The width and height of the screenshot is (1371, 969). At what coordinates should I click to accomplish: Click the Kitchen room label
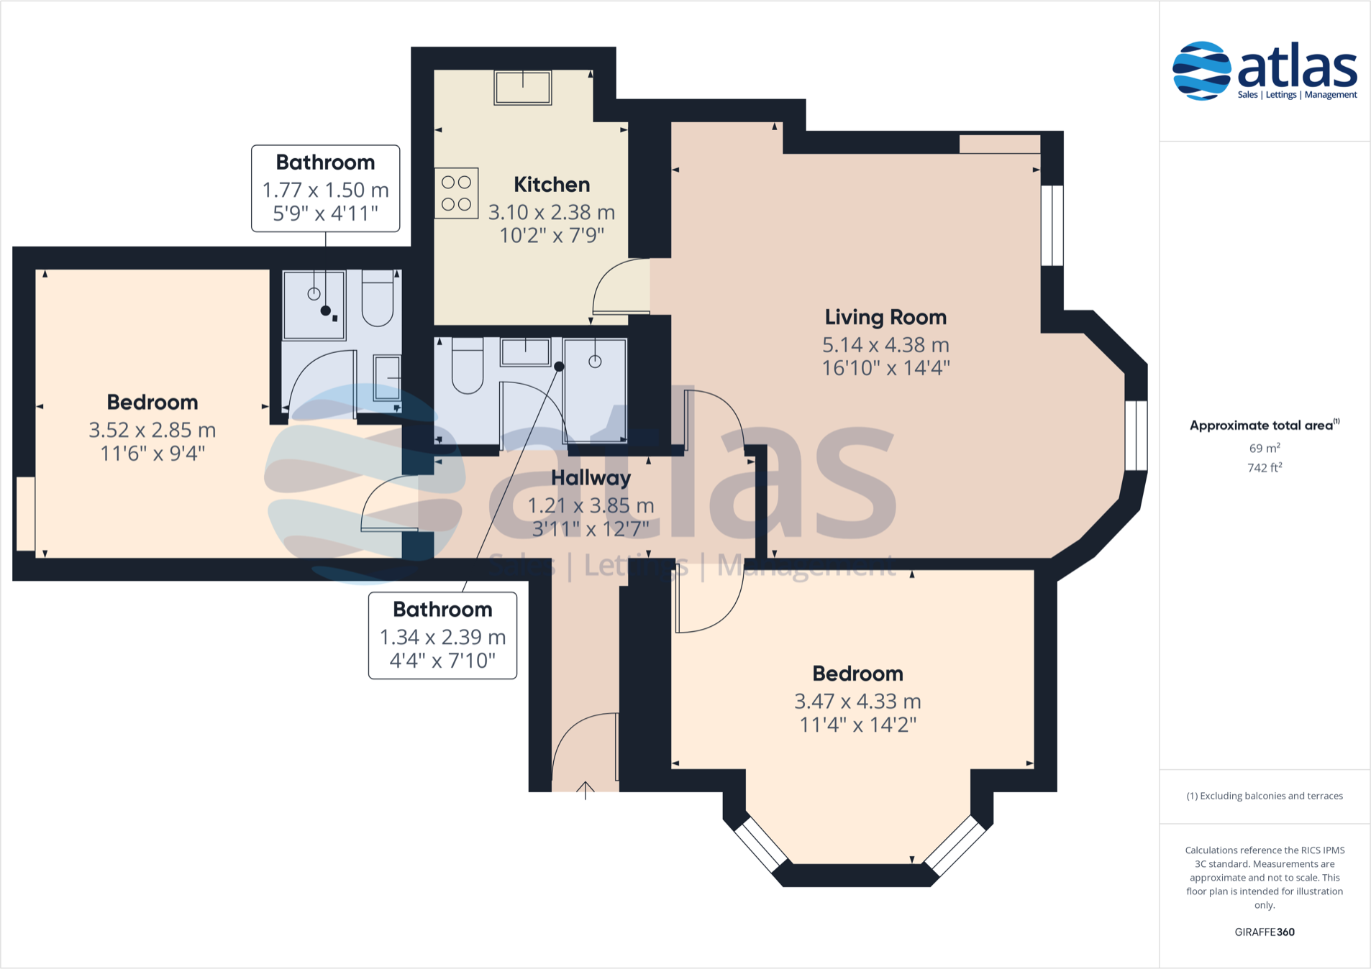[x=552, y=185]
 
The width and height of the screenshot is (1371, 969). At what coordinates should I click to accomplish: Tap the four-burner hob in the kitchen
[x=456, y=193]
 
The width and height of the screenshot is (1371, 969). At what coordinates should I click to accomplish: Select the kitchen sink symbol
[x=523, y=88]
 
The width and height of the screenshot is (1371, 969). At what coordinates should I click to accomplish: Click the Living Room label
[x=885, y=317]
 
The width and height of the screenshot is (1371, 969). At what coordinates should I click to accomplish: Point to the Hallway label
[x=591, y=478]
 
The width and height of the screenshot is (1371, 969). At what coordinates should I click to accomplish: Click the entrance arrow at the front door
[x=586, y=790]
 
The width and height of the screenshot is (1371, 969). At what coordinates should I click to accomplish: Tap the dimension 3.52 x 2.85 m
[x=152, y=430]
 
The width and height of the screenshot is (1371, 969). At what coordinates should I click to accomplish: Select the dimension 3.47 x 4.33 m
[x=857, y=701]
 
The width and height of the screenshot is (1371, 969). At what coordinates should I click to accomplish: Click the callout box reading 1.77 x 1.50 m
[x=325, y=188]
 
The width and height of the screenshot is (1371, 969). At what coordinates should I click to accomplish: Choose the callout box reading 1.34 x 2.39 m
[x=442, y=635]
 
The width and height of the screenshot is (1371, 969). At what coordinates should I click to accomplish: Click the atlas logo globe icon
[x=1201, y=70]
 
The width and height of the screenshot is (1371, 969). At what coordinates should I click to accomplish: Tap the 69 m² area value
[x=1265, y=448]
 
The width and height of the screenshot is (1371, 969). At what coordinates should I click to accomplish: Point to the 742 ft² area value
[x=1265, y=467]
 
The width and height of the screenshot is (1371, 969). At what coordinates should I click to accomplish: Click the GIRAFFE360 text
[x=1265, y=932]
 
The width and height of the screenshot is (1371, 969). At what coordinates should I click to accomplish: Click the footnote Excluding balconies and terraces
[x=1265, y=796]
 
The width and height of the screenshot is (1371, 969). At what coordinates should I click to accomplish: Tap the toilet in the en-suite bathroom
[x=377, y=298]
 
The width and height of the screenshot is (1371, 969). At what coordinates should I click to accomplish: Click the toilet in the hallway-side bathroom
[x=468, y=367]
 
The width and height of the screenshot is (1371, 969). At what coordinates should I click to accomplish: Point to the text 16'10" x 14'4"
[x=885, y=368]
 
